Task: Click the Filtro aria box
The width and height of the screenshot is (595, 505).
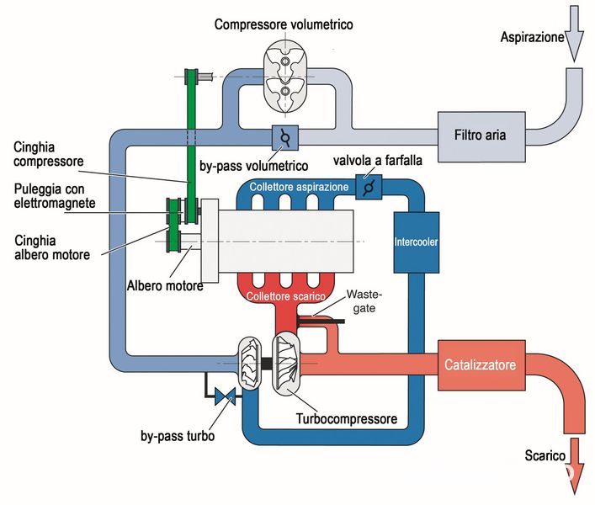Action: [x=481, y=136]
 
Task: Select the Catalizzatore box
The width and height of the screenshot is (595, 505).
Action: [x=481, y=365]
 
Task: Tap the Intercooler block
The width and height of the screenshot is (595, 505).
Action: [x=417, y=242]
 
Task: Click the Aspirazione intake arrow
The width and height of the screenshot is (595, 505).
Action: [x=574, y=34]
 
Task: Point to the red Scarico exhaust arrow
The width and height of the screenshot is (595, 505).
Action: [x=574, y=466]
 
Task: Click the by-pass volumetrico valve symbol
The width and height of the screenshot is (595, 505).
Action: [x=285, y=138]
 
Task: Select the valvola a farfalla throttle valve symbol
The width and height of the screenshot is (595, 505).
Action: [x=369, y=187]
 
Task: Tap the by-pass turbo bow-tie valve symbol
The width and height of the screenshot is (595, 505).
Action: [x=225, y=396]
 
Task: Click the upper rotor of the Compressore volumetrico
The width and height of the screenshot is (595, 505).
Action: [x=285, y=61]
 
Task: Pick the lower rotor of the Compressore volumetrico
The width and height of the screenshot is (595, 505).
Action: [x=285, y=92]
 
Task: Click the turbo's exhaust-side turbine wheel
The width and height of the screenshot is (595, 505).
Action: [x=286, y=361]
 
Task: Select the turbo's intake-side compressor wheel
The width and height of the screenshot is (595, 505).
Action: [x=250, y=363]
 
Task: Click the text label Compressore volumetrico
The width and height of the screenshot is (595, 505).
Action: [x=284, y=24]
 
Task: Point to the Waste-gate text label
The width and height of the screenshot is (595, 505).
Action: [x=364, y=301]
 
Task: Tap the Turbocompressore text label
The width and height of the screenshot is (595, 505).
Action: [x=347, y=419]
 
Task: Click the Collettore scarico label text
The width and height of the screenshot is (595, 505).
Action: [x=286, y=296]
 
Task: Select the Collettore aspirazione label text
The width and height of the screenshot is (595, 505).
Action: [x=299, y=187]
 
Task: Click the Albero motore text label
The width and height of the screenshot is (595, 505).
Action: [x=165, y=285]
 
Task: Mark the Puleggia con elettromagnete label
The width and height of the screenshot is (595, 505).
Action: [x=55, y=196]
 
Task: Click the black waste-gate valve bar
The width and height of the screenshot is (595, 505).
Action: [x=321, y=322]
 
